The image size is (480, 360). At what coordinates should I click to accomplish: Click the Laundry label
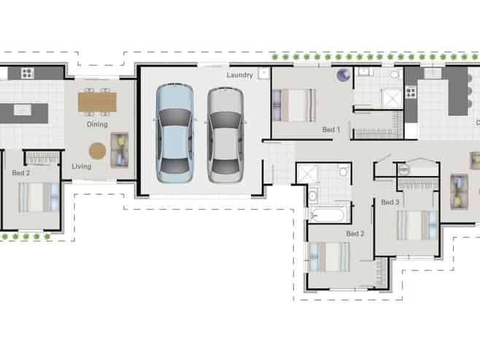pos(240,74)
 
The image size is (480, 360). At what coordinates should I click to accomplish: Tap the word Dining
pos(97,124)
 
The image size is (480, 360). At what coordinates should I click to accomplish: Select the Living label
pos(82,166)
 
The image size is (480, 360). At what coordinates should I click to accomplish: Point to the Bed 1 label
pos(331,129)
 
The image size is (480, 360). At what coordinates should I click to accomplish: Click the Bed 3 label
pos(390,202)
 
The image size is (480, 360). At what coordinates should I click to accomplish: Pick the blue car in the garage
pos(174,133)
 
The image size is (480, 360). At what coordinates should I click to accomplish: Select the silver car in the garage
pos(225,135)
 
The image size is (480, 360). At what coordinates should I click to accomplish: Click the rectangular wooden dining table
pos(97,102)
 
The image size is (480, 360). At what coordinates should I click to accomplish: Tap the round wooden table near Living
pos(97,151)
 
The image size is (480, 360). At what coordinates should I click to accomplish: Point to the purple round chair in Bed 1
pos(344,75)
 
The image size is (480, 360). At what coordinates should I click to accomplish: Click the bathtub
pos(327,215)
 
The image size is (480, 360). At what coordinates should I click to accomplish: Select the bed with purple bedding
pos(294,105)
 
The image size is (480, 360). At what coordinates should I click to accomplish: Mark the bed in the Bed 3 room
pos(417,225)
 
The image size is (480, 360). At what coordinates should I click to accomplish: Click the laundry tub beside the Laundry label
pos(263,74)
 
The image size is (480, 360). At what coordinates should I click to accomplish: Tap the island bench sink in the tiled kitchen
pos(23,110)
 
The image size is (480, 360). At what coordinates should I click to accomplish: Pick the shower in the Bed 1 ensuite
pos(391,97)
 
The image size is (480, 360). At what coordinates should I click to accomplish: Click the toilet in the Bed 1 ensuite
pos(395,74)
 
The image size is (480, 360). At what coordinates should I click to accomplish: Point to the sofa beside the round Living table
pos(120,150)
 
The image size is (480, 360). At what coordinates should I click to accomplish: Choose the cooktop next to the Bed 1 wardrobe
pos(411,92)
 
